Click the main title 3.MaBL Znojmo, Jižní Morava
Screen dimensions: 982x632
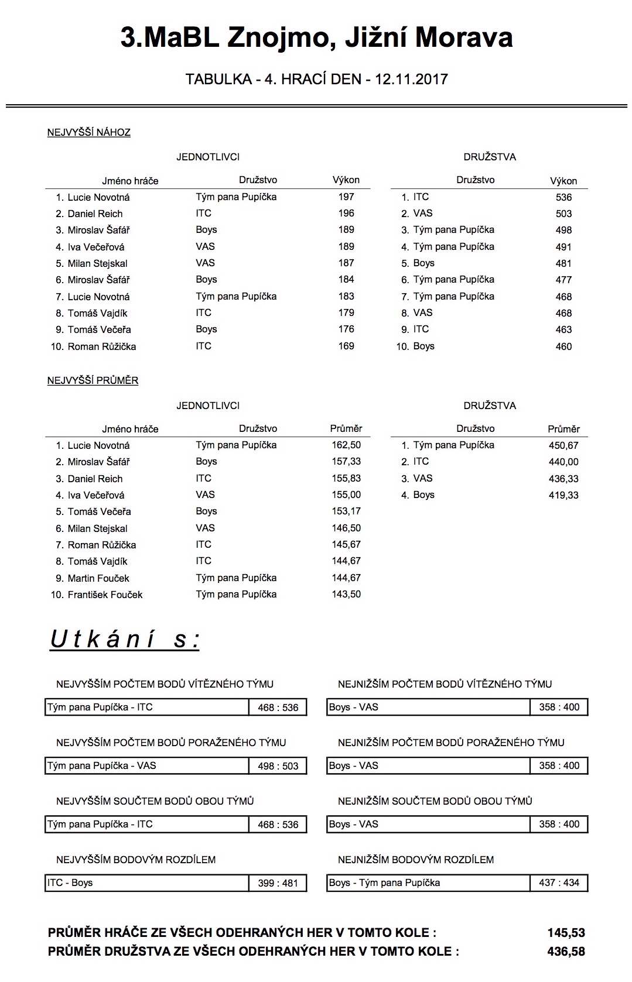pyautogui.click(x=316, y=37)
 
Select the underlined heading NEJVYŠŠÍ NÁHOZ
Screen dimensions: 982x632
pyautogui.click(x=88, y=133)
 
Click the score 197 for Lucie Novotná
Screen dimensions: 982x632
pyautogui.click(x=346, y=197)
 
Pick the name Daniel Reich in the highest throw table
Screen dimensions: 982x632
pyautogui.click(x=95, y=214)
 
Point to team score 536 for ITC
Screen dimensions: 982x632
pyautogui.click(x=563, y=198)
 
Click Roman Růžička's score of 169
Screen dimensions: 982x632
pyautogui.click(x=346, y=346)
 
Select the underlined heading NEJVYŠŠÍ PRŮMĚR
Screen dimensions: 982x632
pyautogui.click(x=93, y=381)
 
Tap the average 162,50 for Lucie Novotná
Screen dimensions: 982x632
pyautogui.click(x=346, y=445)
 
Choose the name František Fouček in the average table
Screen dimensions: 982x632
pyautogui.click(x=105, y=595)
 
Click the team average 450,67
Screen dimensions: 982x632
pyautogui.click(x=563, y=445)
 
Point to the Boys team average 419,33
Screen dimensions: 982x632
pyautogui.click(x=563, y=495)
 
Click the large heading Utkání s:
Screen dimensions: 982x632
pyautogui.click(x=125, y=639)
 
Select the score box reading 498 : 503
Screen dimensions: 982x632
pyautogui.click(x=278, y=766)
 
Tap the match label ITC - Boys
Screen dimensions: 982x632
pyautogui.click(x=70, y=883)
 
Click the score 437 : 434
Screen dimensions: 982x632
pyautogui.click(x=559, y=883)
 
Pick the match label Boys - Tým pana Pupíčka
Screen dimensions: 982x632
pyautogui.click(x=384, y=883)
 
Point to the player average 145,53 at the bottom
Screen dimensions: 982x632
pyautogui.click(x=566, y=933)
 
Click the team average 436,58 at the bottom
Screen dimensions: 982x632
pyautogui.click(x=566, y=952)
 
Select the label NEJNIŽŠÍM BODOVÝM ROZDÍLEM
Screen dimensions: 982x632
pyautogui.click(x=416, y=860)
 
